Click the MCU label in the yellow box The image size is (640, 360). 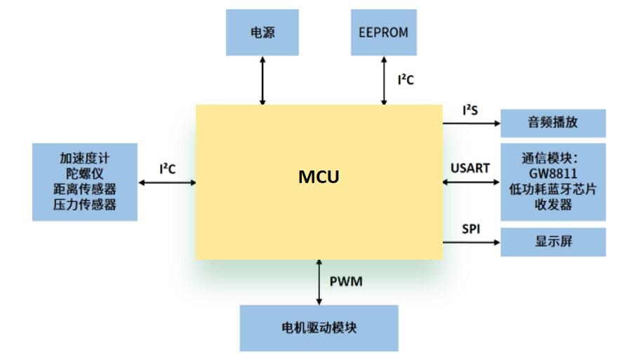319,177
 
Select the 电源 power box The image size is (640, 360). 262,32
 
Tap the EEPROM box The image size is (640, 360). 383,32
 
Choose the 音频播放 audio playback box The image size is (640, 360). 552,123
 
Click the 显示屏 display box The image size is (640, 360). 552,241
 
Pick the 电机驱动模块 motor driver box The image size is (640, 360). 319,328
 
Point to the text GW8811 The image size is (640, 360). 554,173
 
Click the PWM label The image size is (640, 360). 346,282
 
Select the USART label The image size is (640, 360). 470,168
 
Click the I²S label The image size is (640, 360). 470,110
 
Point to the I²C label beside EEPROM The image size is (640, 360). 406,80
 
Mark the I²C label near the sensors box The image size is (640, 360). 167,168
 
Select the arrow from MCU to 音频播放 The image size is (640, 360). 471,124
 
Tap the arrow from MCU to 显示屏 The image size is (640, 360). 471,242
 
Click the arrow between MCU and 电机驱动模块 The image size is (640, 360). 319,282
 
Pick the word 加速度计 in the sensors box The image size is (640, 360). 84,159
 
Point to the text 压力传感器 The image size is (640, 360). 84,205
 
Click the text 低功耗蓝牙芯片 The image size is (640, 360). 554,189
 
